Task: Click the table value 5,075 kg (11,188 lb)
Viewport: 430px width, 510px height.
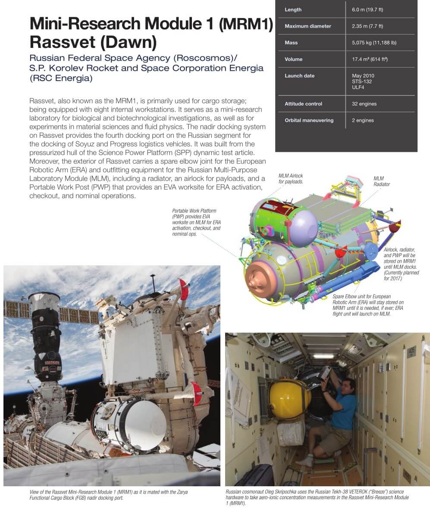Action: tap(374, 43)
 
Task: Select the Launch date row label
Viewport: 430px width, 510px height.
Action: tap(299, 76)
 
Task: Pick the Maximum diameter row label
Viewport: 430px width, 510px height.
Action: tap(308, 26)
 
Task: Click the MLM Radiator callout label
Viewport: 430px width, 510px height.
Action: tap(381, 181)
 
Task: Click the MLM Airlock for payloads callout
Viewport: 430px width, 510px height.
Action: tap(291, 179)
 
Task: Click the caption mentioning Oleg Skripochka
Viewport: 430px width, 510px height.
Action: tap(317, 497)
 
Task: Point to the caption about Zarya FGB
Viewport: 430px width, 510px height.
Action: tap(108, 494)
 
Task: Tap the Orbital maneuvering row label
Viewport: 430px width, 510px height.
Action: tap(309, 120)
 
